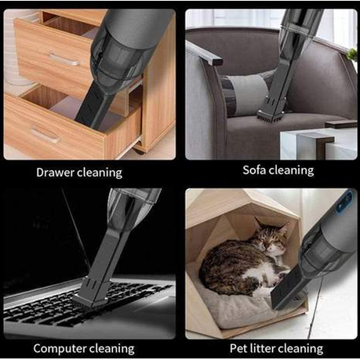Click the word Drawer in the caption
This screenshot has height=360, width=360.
(x=55, y=173)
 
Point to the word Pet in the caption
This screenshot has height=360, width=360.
(x=238, y=348)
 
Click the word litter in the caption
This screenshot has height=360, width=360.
(x=261, y=348)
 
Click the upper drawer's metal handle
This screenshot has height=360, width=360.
(x=64, y=60)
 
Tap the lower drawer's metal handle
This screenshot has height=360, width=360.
(x=45, y=134)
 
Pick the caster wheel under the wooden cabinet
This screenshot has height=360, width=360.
(x=139, y=151)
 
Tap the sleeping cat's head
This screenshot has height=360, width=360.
(x=272, y=238)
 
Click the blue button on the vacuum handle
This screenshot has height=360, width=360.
(x=345, y=202)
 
